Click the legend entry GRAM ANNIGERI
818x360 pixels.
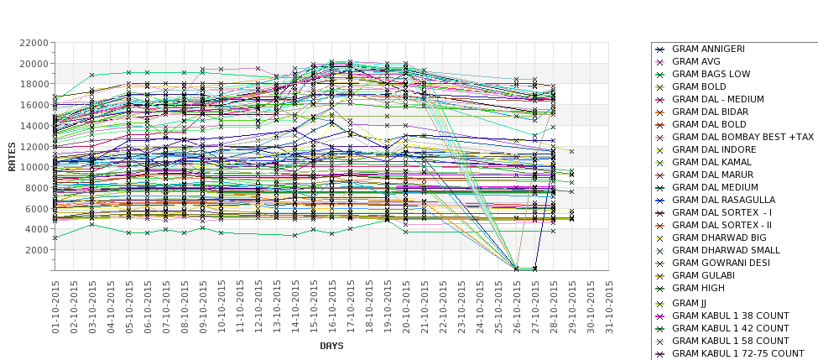click(708, 49)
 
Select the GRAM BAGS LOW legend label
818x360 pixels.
click(711, 74)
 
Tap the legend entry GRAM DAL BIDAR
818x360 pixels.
click(710, 112)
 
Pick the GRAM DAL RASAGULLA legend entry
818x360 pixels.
click(723, 200)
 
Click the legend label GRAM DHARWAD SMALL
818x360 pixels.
click(726, 250)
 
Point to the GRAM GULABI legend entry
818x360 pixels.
click(700, 275)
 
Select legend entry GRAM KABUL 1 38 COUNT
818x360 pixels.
click(730, 316)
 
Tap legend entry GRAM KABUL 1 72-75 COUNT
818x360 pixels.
click(737, 353)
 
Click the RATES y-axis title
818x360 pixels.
click(12, 156)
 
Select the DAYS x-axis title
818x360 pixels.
click(331, 346)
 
